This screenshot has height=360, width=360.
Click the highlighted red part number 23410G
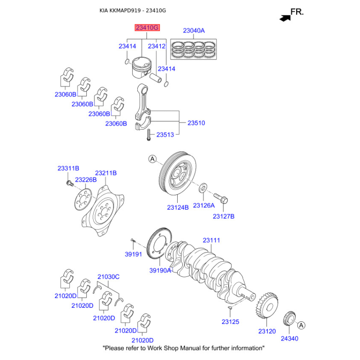[x=147, y=28]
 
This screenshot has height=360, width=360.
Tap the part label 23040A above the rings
[x=194, y=31]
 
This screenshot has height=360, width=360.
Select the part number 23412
[x=157, y=46]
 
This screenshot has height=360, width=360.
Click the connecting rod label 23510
[x=196, y=123]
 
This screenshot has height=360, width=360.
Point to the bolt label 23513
[x=165, y=135]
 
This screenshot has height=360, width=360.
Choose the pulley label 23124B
[x=178, y=207]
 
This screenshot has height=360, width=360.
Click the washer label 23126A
[x=204, y=205]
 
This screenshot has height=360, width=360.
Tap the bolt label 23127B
[x=223, y=216]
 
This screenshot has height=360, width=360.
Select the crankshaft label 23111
[x=211, y=240]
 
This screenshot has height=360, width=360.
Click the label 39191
[x=133, y=254]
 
